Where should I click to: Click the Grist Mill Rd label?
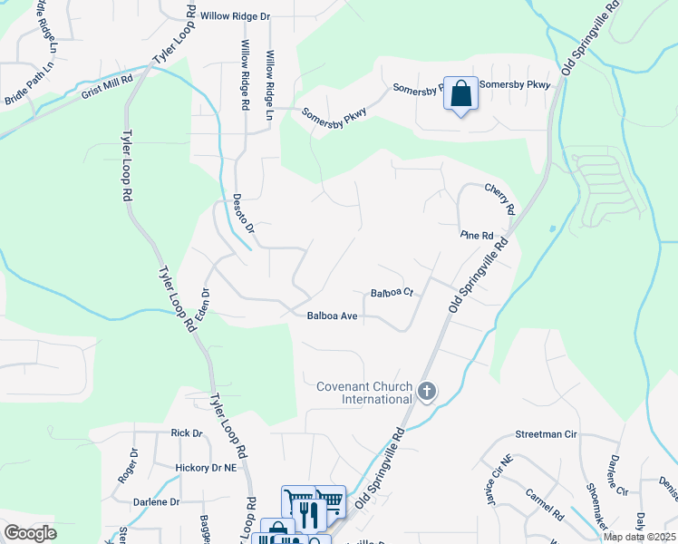107,79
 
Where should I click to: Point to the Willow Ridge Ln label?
268,75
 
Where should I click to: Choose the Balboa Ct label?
392,293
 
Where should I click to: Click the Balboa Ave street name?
333,316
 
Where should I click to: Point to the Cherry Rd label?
500,199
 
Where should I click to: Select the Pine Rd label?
476,235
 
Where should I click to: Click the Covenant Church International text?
363,393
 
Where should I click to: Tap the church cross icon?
427,393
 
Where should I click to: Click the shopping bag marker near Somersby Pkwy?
461,93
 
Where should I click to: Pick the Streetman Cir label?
546,435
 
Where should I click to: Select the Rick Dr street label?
186,433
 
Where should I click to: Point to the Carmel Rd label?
545,503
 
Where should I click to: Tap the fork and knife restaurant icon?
311,514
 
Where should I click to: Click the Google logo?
30,533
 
